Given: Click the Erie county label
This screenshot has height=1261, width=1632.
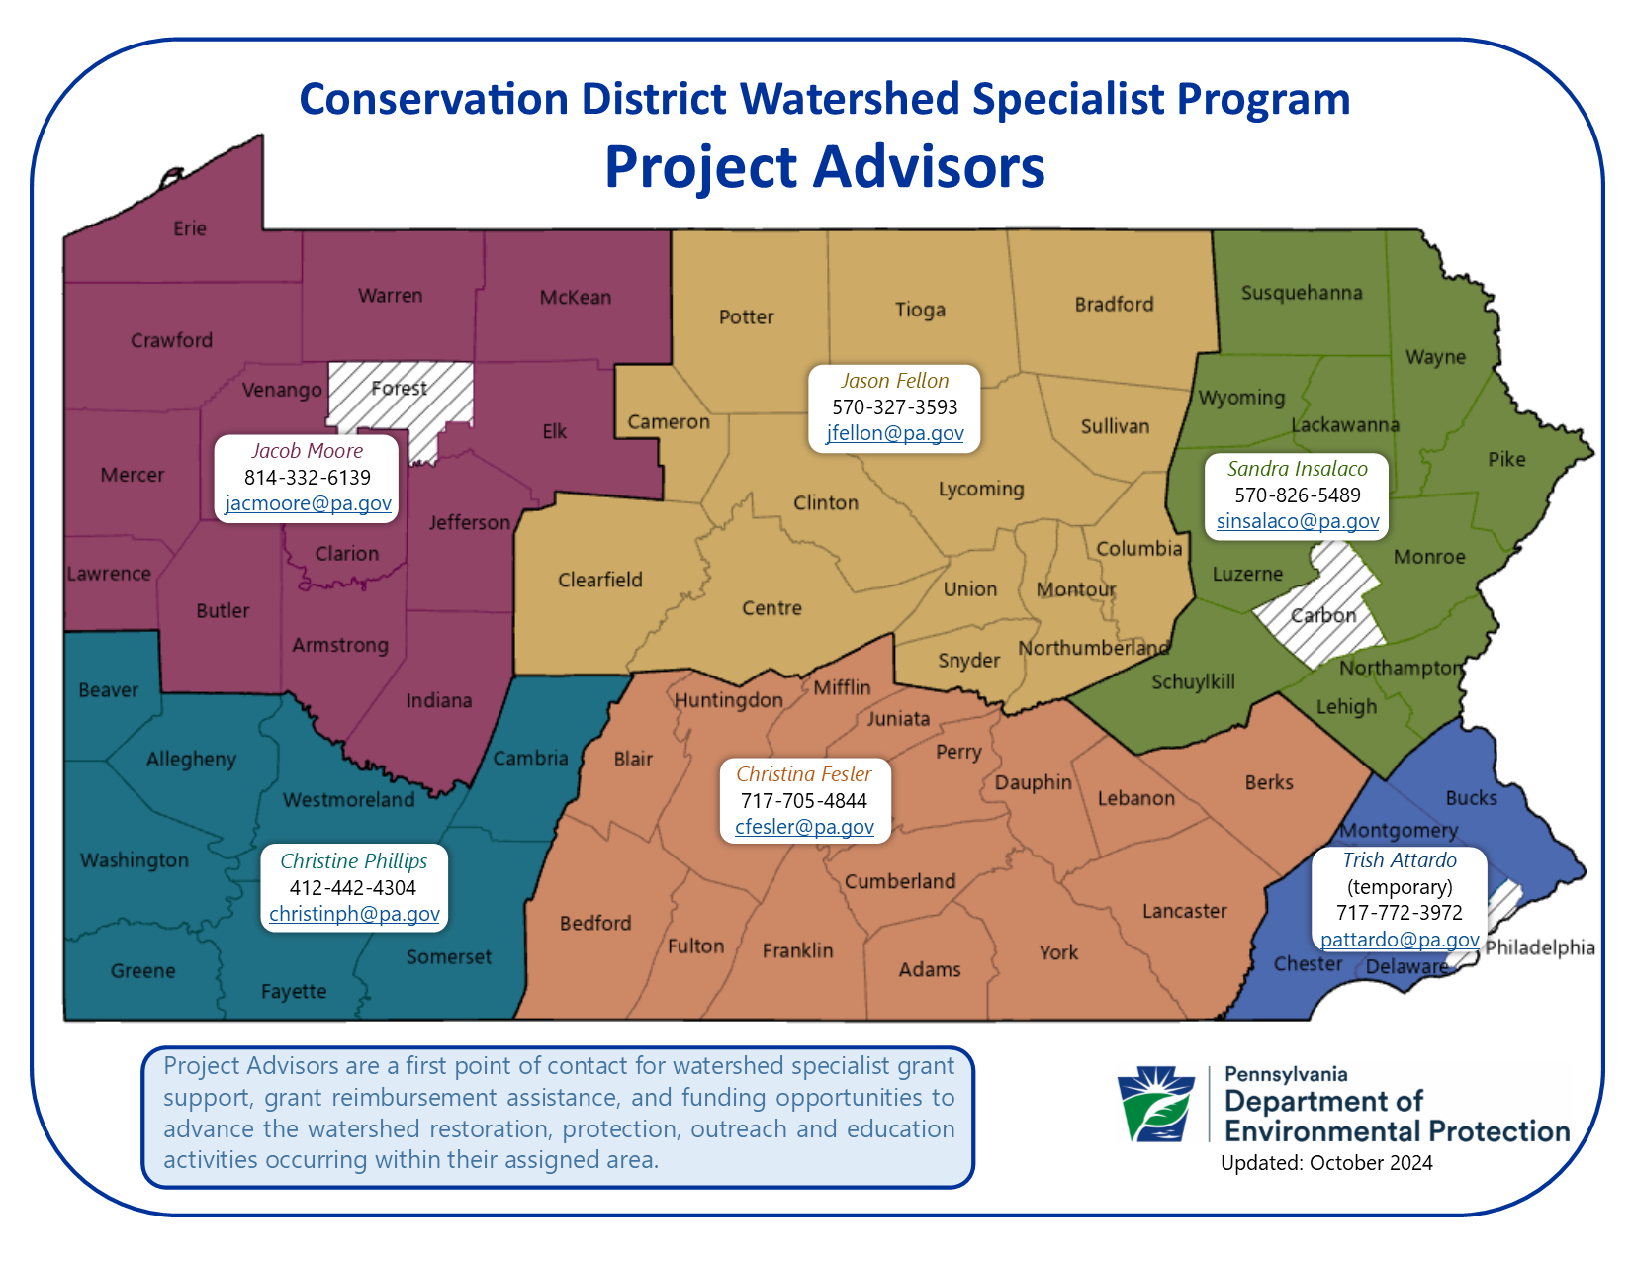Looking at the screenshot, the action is tap(189, 228).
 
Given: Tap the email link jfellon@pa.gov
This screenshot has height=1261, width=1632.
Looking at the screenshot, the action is tap(894, 433).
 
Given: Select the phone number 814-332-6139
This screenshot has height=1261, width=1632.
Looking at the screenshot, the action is tap(308, 477).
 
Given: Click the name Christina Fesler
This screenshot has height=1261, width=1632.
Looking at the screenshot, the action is tap(803, 773).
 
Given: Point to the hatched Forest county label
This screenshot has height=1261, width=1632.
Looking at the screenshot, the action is tap(399, 389).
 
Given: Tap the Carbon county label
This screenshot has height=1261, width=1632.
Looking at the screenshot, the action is tap(1323, 615).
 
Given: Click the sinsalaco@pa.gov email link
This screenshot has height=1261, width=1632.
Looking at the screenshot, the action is tap(1297, 521).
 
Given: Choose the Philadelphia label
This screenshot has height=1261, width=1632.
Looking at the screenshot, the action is tap(1540, 947).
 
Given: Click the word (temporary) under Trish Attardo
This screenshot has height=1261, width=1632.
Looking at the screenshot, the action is tap(1400, 887).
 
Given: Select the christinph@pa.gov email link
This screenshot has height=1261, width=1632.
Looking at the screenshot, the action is tap(354, 914).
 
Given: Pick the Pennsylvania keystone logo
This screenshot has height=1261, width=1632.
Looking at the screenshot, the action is tap(1156, 1104).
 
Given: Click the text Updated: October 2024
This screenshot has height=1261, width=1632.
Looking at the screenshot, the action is tap(1326, 1163).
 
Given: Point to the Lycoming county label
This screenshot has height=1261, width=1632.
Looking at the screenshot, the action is tap(981, 489).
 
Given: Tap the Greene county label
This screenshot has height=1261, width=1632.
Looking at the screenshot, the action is tap(142, 971).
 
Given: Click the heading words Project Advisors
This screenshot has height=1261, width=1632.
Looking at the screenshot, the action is tap(825, 167).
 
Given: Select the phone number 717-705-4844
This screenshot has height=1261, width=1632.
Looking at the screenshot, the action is tap(803, 801).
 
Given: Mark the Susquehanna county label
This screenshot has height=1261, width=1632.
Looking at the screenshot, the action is tap(1302, 293).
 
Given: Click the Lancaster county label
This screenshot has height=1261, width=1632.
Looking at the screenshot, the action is tap(1184, 911).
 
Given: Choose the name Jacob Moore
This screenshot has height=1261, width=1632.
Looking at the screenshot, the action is tap(308, 451).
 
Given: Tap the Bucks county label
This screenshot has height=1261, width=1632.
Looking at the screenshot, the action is tap(1472, 797).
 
